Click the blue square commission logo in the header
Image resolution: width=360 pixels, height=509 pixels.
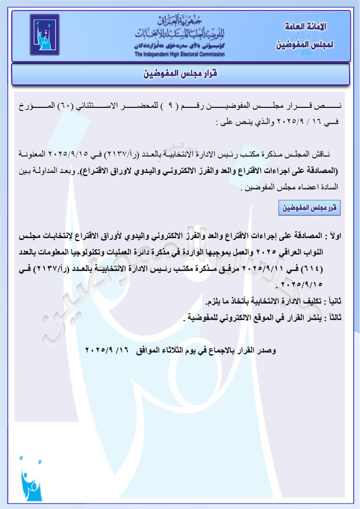pos(45,35)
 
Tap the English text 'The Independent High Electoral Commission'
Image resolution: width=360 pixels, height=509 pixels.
pos(180,54)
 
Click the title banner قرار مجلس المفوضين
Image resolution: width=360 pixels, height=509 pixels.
pos(180,75)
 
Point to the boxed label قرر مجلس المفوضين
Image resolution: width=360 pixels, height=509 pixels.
pos(309,208)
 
